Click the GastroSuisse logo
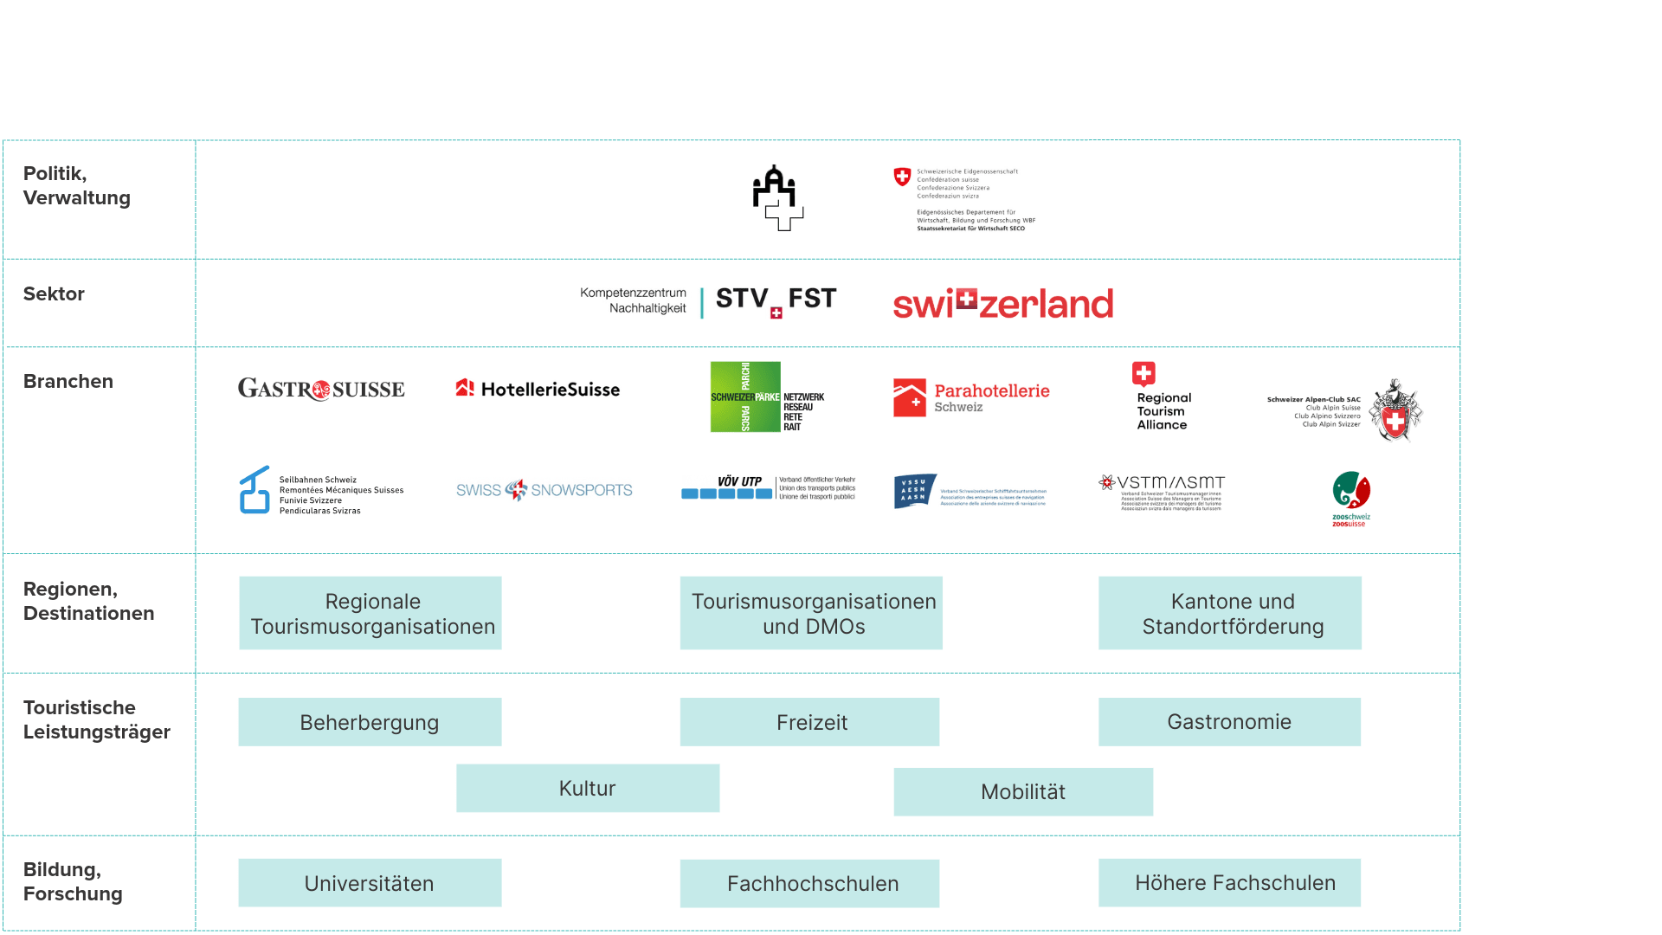tap(321, 390)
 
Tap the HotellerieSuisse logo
tap(538, 390)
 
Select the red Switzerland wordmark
tap(1003, 304)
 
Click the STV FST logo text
tap(776, 300)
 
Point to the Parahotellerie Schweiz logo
tap(971, 397)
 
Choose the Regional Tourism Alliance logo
tap(1161, 397)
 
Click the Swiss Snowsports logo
tap(544, 490)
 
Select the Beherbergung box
tap(370, 722)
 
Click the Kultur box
tap(588, 788)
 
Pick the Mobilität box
tap(1023, 791)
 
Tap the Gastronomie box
tap(1229, 722)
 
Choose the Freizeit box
tap(810, 722)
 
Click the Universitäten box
tap(370, 883)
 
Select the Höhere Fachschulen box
tap(1229, 883)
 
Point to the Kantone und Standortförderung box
tap(1230, 613)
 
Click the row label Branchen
tap(68, 382)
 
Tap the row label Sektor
tap(54, 294)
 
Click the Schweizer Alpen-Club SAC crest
tap(1394, 410)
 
